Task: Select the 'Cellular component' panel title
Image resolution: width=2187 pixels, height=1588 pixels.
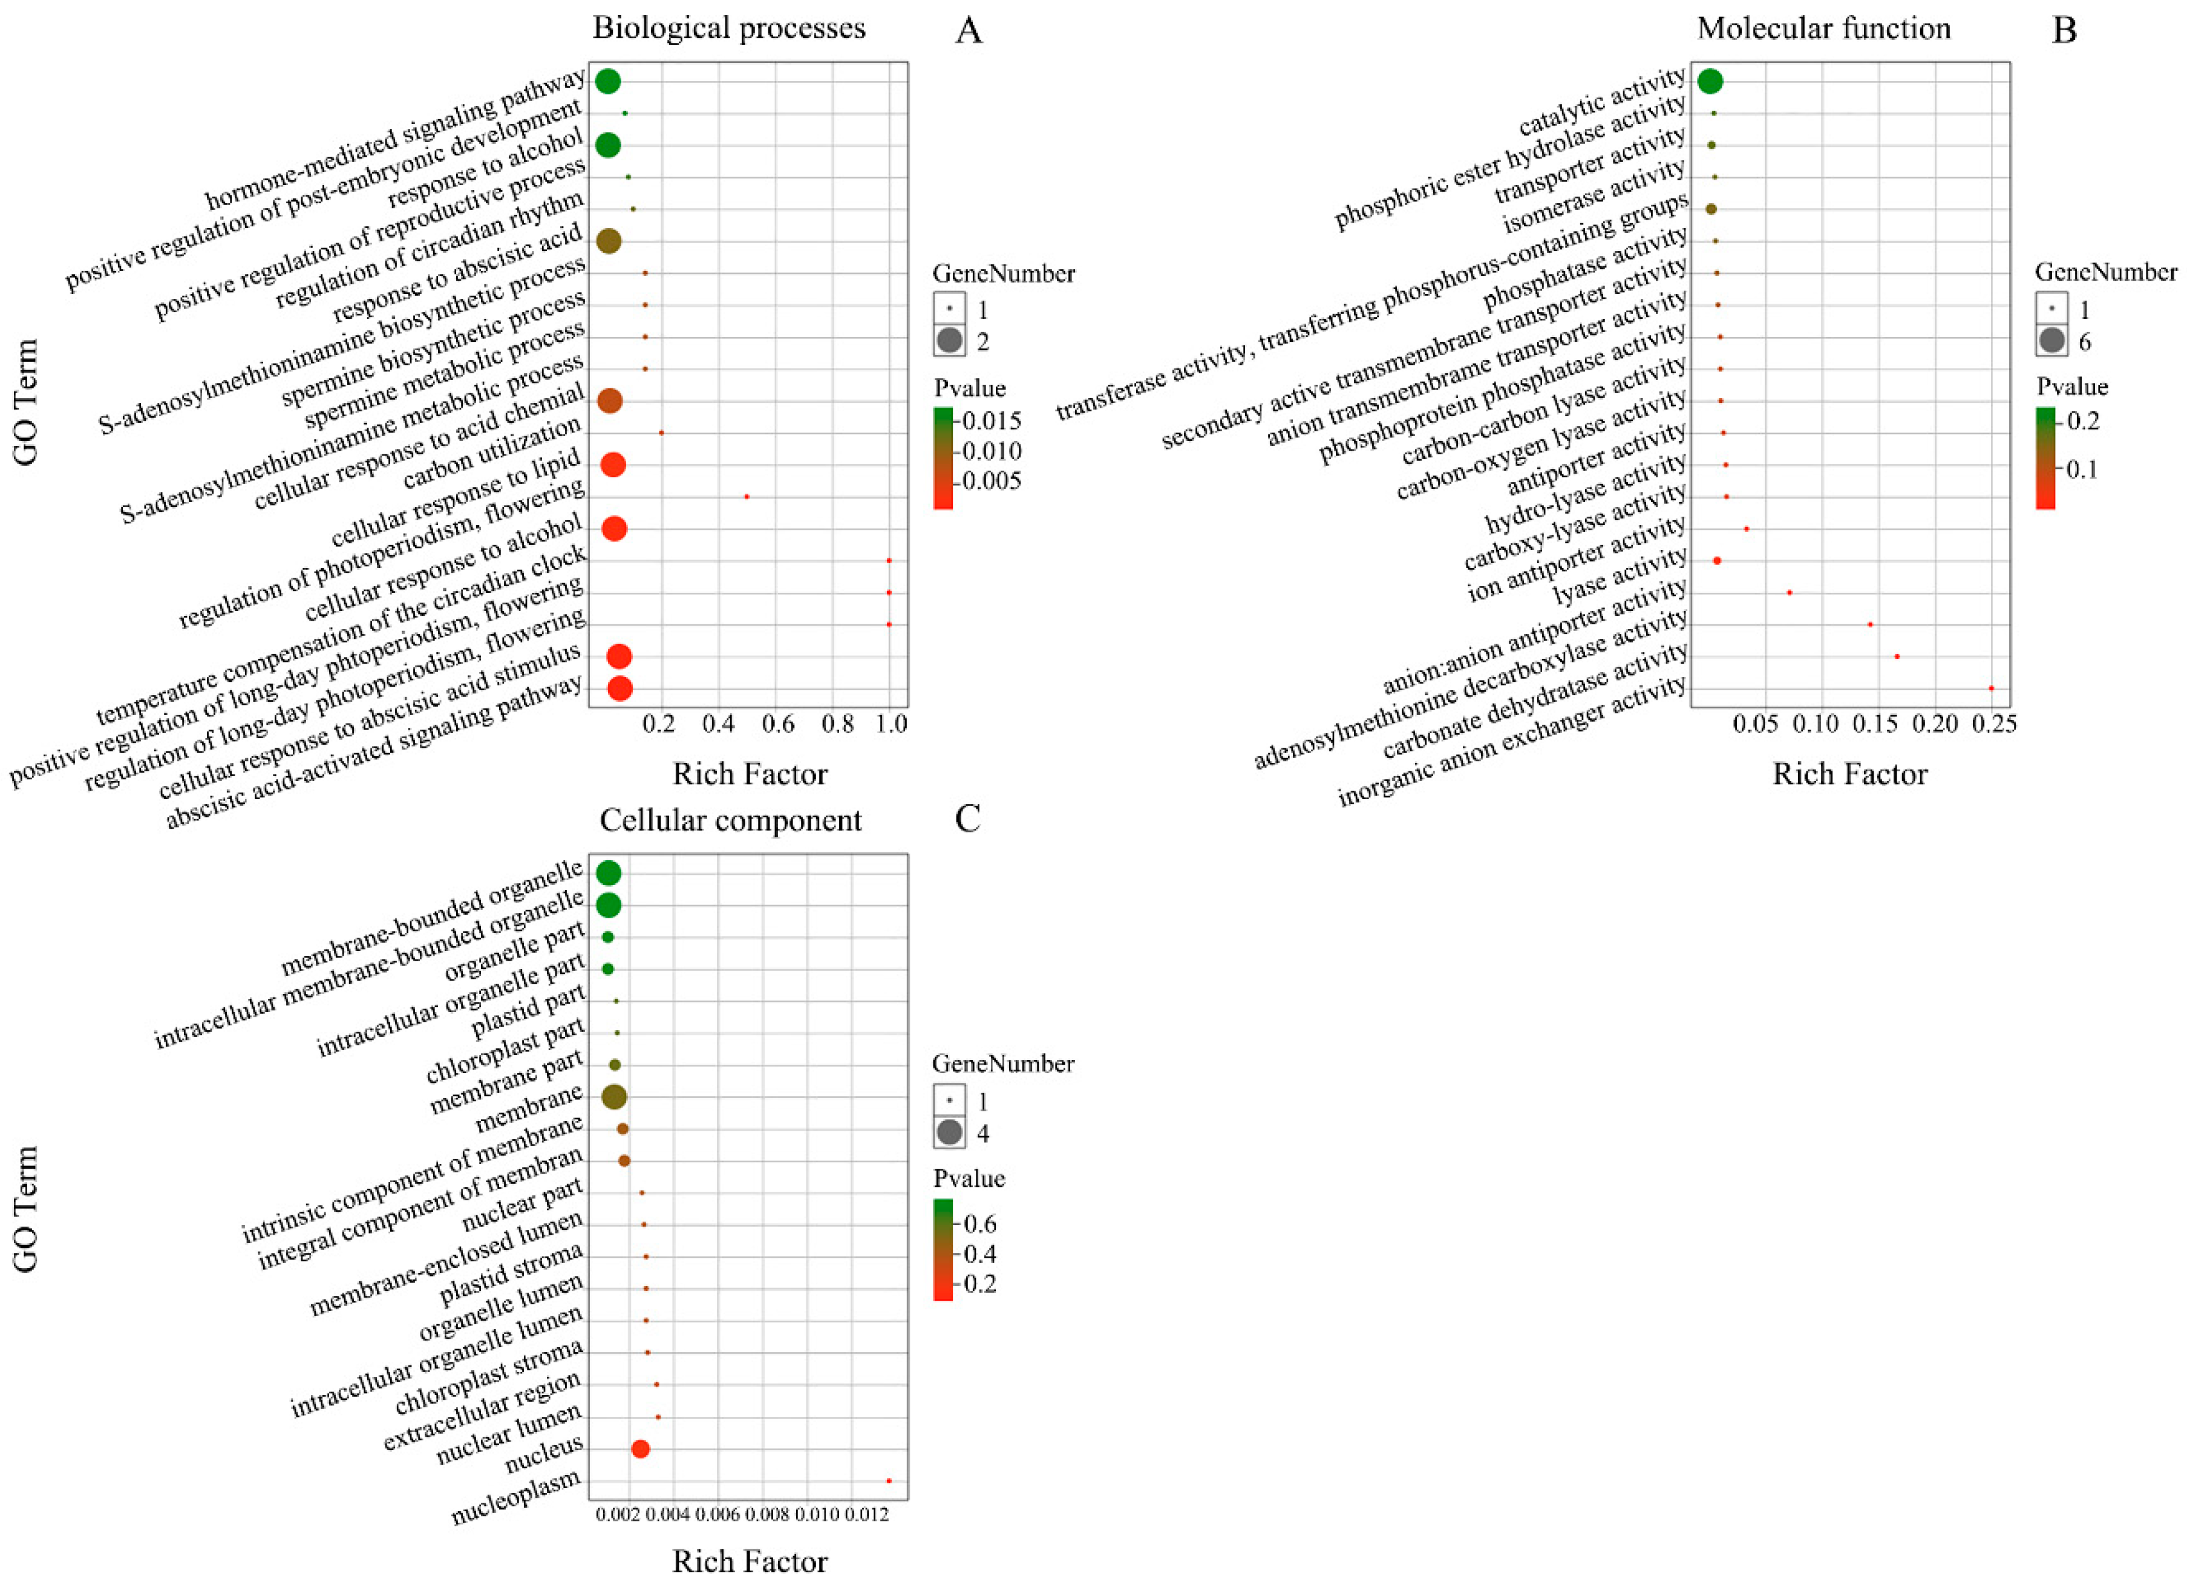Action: pos(730,820)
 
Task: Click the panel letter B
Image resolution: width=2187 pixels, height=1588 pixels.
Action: pos(2064,31)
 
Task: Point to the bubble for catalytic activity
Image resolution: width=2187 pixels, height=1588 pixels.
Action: pos(1710,81)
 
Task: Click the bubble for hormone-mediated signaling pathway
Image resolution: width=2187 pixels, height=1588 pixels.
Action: pos(607,81)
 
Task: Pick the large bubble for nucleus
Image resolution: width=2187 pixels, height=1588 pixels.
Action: pos(640,1449)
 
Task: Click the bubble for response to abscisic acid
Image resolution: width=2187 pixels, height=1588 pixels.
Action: pos(609,241)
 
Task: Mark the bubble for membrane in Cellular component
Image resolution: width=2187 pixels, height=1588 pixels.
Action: pos(614,1096)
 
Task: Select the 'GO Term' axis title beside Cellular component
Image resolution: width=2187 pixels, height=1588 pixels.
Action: pos(26,1209)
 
